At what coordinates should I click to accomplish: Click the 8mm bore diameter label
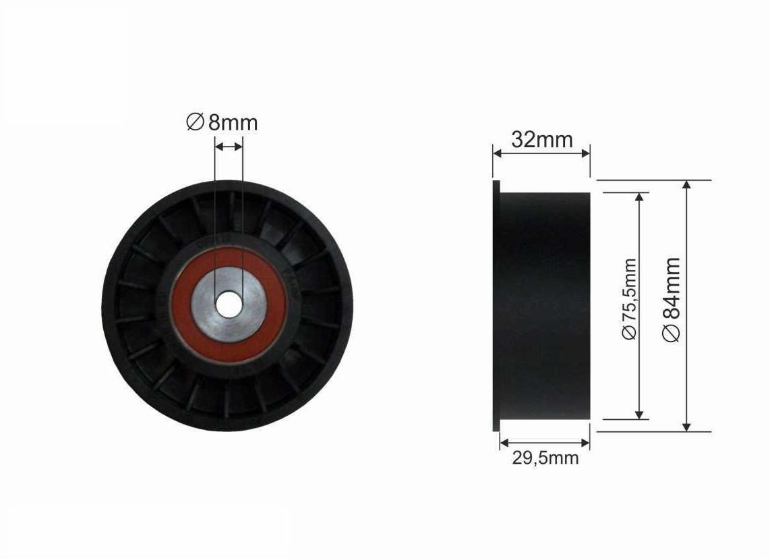coord(222,122)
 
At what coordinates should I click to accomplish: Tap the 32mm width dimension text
coord(541,140)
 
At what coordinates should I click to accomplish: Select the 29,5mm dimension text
coord(545,458)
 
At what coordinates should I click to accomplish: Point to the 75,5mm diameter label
coord(629,299)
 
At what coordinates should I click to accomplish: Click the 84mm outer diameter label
coord(671,299)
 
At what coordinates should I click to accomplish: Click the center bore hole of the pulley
coord(229,304)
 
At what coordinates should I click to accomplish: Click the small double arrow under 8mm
coord(229,147)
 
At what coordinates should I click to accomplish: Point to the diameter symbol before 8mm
coord(195,122)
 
